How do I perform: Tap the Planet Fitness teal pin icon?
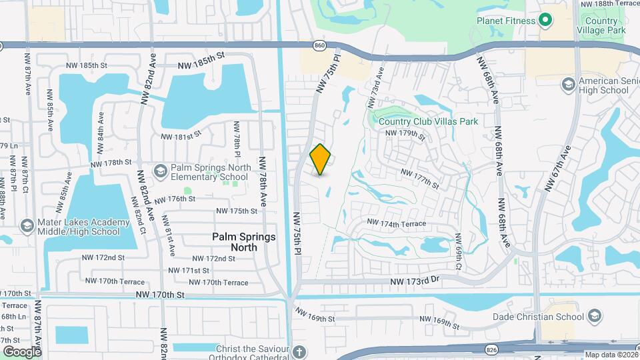point(545,21)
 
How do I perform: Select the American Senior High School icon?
point(568,85)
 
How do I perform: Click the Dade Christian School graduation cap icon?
point(595,317)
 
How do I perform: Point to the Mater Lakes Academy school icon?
point(27,225)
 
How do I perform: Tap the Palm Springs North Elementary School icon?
point(160,172)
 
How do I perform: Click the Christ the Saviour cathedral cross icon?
point(299,351)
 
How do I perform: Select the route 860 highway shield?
point(320,45)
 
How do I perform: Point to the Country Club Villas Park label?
point(419,121)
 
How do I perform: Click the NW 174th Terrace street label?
point(396,223)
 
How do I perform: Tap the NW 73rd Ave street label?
point(375,86)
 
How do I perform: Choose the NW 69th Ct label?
point(459,247)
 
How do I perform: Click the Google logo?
point(22,351)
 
